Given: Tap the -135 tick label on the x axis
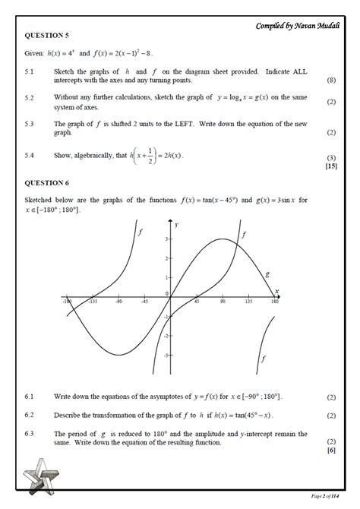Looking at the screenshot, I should pyautogui.click(x=93, y=302).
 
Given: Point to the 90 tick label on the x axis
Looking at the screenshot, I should pyautogui.click(x=222, y=302).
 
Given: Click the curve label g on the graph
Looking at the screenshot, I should pyautogui.click(x=267, y=273).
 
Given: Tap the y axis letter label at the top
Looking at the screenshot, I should pyautogui.click(x=175, y=225).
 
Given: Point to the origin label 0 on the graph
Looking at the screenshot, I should pyautogui.click(x=166, y=292).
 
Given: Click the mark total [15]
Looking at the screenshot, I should pyautogui.click(x=330, y=166).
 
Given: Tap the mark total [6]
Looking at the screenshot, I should pyautogui.click(x=331, y=451).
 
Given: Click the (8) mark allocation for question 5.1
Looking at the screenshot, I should pyautogui.click(x=331, y=80).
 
